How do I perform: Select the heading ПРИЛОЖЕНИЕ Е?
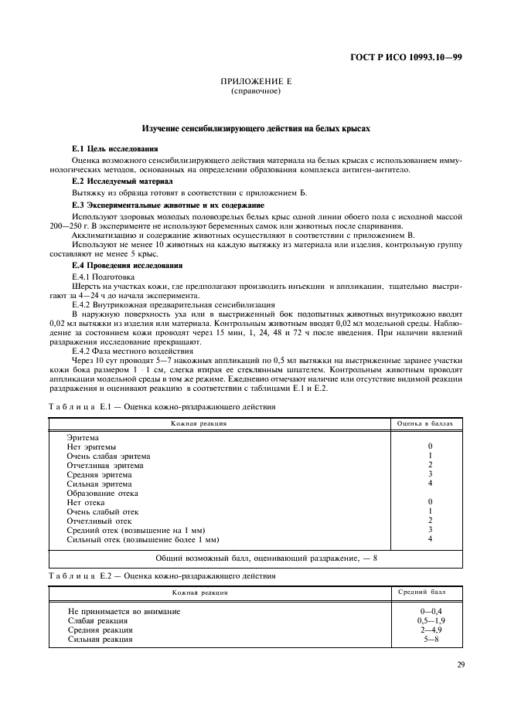pyautogui.click(x=254, y=81)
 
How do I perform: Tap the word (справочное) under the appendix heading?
pyautogui.click(x=254, y=90)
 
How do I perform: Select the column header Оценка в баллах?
pyautogui.click(x=430, y=423)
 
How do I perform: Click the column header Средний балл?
pyautogui.click(x=421, y=592)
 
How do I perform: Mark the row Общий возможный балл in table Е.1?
pyautogui.click(x=256, y=558)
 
